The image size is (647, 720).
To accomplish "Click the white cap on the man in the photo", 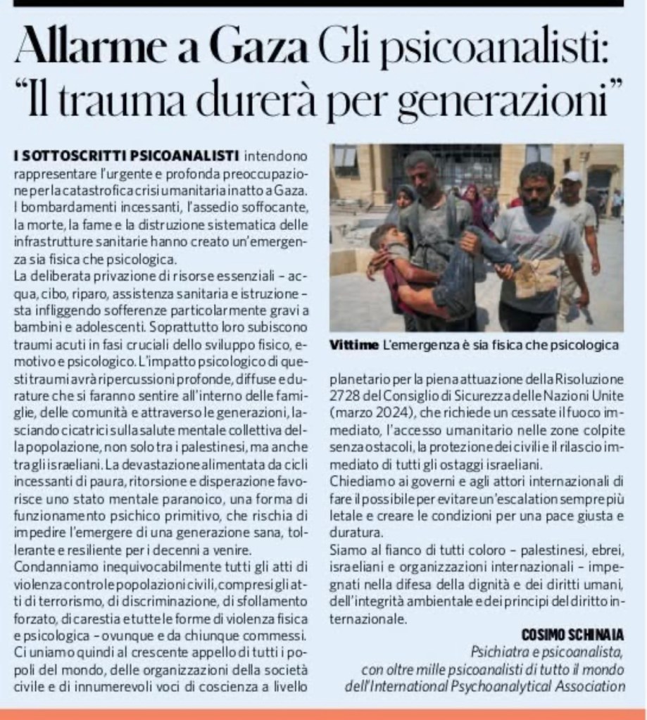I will click(571, 177).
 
